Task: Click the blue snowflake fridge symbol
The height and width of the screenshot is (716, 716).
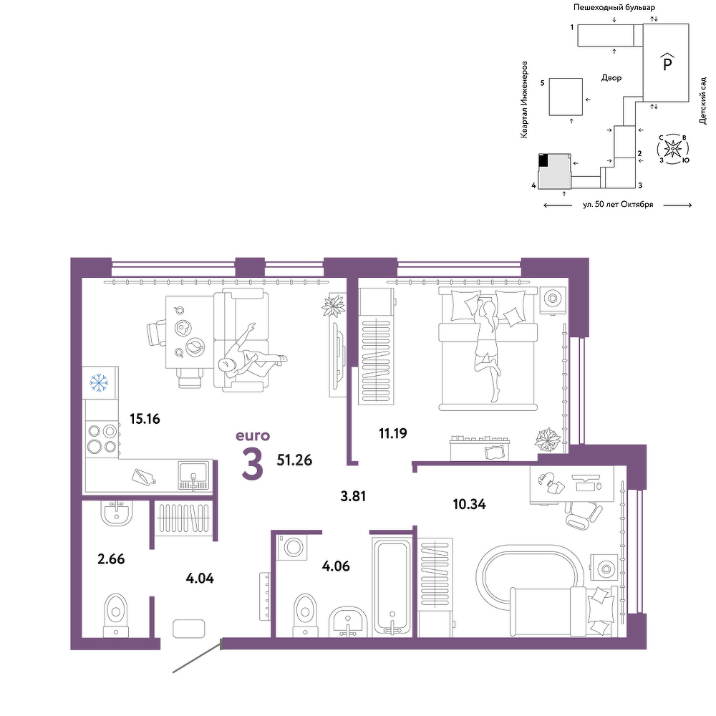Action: (x=98, y=382)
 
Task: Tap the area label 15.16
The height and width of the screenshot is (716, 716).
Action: (x=145, y=419)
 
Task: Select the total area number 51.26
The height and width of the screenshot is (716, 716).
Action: (x=294, y=460)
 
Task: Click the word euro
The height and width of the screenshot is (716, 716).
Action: (x=253, y=436)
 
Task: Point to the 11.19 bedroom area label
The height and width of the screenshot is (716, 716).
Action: (x=392, y=433)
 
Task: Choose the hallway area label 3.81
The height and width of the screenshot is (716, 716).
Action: (x=354, y=496)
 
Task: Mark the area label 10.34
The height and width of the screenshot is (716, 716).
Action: (x=469, y=505)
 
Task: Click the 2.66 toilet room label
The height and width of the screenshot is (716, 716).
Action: (x=111, y=559)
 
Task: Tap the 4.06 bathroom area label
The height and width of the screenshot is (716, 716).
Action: (x=336, y=566)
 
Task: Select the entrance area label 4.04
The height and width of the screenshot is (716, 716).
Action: (x=200, y=579)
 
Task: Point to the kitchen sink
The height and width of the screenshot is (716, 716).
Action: (x=194, y=475)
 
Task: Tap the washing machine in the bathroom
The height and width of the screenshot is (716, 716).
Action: (x=293, y=546)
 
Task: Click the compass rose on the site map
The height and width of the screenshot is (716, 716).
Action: (x=672, y=148)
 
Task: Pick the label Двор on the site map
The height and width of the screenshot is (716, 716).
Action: (x=611, y=78)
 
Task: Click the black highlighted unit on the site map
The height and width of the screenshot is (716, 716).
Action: (x=543, y=160)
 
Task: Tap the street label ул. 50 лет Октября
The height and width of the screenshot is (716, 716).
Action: (x=618, y=205)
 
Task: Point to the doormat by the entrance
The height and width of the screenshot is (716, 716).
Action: (x=188, y=629)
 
